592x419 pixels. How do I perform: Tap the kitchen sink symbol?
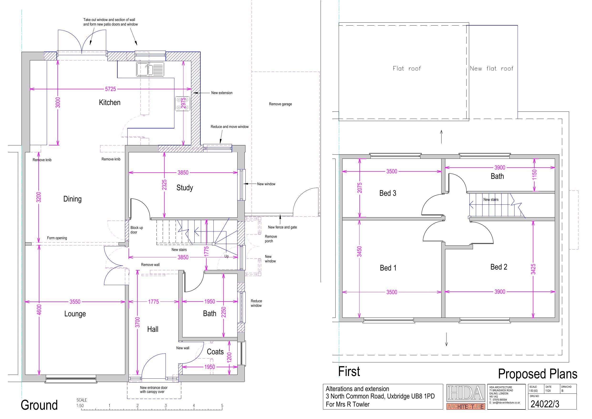point(150,69)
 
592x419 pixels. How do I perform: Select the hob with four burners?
point(183,104)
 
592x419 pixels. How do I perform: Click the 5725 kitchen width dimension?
point(110,89)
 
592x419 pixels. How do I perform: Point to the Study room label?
point(185,188)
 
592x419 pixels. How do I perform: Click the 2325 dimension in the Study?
point(165,185)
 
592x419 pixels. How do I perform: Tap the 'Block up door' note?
point(137,230)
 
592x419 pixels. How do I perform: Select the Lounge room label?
point(75,314)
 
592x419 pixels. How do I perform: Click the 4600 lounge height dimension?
point(39,310)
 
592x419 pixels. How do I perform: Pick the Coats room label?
point(215,352)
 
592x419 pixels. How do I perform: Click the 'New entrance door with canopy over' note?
point(154,390)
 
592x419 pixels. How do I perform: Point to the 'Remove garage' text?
point(280,104)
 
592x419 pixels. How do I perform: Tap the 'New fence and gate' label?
point(282,227)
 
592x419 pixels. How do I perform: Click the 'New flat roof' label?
point(491,69)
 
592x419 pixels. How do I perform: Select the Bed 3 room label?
point(388,193)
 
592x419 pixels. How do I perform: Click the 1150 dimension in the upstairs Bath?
point(535,175)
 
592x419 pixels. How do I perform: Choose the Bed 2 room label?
point(499,267)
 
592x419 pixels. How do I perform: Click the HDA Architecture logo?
point(466,397)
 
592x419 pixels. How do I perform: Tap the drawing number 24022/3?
point(545,404)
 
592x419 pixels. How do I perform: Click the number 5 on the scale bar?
point(222,406)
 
